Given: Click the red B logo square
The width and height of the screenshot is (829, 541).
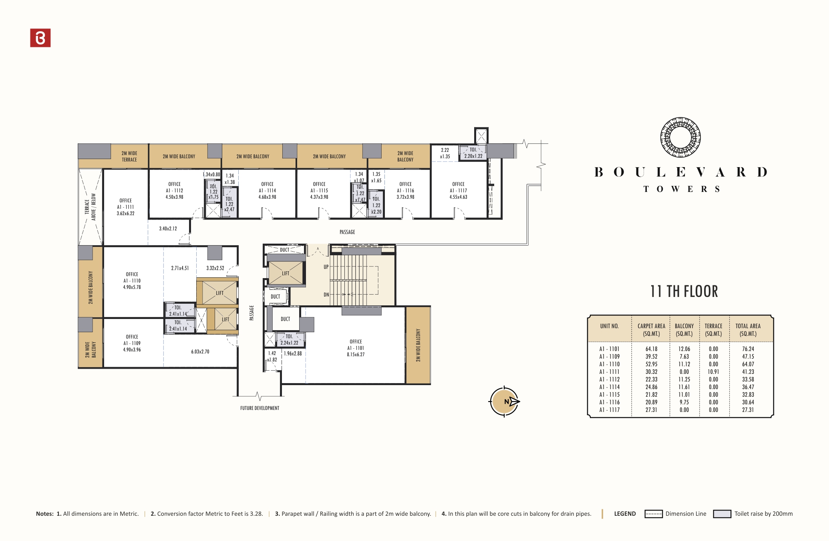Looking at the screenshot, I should pos(40,38).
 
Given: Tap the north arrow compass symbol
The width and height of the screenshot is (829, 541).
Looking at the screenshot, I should pos(504,402).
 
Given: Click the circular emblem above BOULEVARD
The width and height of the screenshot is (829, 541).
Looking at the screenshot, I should pos(680,137).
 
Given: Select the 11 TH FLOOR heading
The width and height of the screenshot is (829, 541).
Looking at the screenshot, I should pos(684,292).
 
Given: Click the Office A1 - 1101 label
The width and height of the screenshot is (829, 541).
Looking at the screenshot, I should pos(356,348).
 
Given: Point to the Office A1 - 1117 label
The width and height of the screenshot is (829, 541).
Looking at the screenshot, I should pos(458,190).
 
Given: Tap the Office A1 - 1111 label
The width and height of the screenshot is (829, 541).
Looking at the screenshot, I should pos(125,207).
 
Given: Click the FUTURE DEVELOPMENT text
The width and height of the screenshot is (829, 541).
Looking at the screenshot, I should pos(260,408).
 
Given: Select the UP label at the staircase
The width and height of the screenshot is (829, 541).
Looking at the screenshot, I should pos(326,267).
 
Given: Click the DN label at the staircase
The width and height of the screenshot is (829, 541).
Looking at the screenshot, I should pos(326,295).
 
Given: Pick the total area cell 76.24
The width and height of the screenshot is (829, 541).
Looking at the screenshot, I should pos(748,349).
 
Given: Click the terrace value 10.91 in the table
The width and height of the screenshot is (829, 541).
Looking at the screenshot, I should pos(713,372).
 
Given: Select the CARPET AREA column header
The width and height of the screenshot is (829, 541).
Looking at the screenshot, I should pos(651,329).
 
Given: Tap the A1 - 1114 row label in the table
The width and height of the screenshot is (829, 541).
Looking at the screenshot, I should pos(609,387).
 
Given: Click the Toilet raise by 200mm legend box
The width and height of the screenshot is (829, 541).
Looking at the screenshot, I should pos(722,514).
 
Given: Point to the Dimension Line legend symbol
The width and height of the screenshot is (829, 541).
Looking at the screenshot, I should pos(653,514).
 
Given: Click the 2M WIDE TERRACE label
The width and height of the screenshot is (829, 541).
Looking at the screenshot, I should pos(129,156).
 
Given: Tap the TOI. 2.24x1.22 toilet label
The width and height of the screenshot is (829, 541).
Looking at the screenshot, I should pos(289,339).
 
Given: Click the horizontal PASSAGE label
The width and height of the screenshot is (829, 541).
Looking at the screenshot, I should pos(347,232).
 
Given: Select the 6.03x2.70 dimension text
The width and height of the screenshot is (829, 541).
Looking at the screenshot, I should pos(200,351).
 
